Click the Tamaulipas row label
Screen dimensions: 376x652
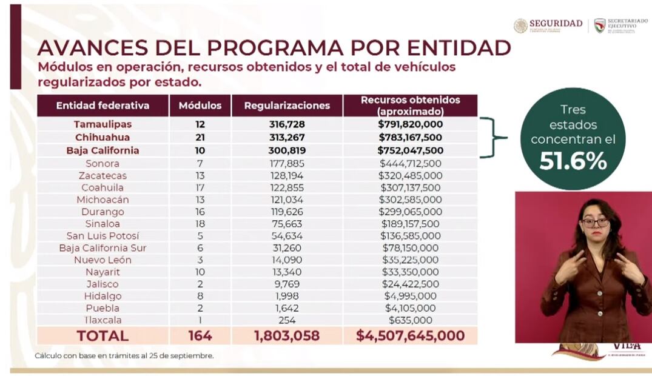click(x=103, y=124)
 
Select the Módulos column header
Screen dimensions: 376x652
click(x=200, y=106)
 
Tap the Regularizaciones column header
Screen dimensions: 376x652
click(x=287, y=106)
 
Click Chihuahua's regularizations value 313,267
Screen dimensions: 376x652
click(x=287, y=137)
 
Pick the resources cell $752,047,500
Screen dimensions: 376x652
click(x=410, y=150)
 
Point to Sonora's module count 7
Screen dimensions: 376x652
click(x=200, y=164)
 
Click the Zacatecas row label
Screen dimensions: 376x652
click(x=103, y=176)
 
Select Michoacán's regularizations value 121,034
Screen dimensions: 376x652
click(x=287, y=200)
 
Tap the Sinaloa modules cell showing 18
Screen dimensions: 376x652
click(x=200, y=224)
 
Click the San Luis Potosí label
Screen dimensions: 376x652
click(x=103, y=236)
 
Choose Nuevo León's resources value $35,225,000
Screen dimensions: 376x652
click(x=410, y=260)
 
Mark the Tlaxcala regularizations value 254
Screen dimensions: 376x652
click(x=287, y=320)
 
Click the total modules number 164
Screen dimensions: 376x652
click(x=200, y=335)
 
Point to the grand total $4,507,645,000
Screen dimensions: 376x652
click(x=410, y=335)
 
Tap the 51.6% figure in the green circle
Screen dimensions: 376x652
click(x=573, y=161)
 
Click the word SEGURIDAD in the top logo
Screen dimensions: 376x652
click(x=555, y=24)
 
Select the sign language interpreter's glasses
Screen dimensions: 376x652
click(x=594, y=223)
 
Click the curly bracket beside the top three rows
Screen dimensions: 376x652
click(x=494, y=138)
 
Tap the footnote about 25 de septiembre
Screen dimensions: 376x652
click(x=124, y=356)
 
